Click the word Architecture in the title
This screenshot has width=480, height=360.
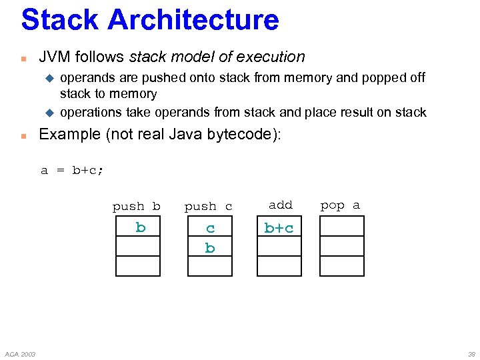193,20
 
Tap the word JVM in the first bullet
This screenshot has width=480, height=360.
54,57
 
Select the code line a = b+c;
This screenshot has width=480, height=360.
72,170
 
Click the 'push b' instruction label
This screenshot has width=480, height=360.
137,206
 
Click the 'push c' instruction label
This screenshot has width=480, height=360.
208,207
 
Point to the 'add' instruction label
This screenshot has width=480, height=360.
280,205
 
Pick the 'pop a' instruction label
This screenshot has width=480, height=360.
340,205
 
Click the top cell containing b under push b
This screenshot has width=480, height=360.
138,227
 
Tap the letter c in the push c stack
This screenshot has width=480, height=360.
210,229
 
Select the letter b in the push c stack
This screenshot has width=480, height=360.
210,248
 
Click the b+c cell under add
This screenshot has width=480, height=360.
279,228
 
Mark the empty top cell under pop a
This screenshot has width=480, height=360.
342,226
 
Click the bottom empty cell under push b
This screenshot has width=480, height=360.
138,266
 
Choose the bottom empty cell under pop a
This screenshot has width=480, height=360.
342,266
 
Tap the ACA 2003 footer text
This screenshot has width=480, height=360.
20,353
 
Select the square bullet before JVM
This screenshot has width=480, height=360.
23,58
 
